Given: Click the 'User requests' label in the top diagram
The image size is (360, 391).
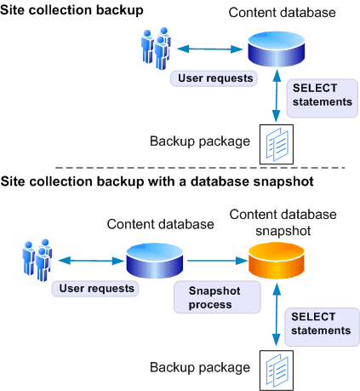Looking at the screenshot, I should point(215,78).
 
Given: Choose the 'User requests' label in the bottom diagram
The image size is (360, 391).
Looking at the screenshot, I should point(95,288).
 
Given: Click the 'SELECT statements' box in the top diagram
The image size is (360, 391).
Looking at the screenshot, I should point(321,95).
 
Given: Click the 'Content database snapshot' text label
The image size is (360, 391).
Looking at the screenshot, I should point(283,221).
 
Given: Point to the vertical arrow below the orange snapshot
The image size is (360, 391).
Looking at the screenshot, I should point(275,319).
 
